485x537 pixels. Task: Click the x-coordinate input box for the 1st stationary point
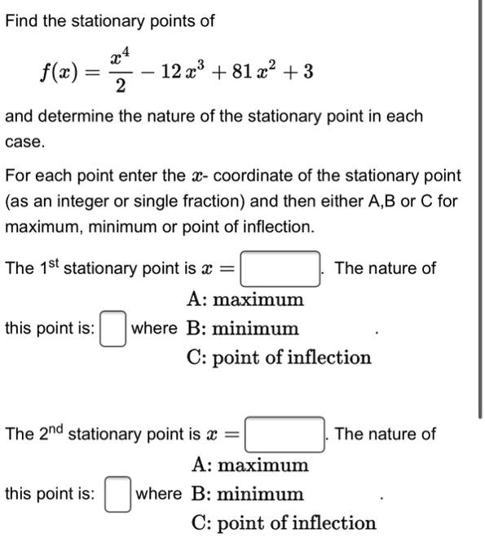pyautogui.click(x=280, y=268)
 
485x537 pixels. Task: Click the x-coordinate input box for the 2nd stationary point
pyautogui.click(x=284, y=434)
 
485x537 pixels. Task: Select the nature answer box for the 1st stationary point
pyautogui.click(x=113, y=329)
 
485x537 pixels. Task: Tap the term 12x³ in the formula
pyautogui.click(x=182, y=73)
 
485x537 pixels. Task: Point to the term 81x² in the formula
pyautogui.click(x=252, y=73)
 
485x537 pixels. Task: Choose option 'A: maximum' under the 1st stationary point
pyautogui.click(x=245, y=300)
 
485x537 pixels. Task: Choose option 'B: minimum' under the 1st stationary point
pyautogui.click(x=242, y=329)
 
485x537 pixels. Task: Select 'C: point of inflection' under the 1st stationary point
pyautogui.click(x=278, y=357)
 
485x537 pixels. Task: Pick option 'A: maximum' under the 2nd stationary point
pyautogui.click(x=249, y=465)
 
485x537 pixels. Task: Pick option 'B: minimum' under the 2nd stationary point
pyautogui.click(x=247, y=495)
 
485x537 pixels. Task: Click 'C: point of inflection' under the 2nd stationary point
pyautogui.click(x=284, y=523)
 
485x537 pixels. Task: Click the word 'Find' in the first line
pyautogui.click(x=22, y=20)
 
